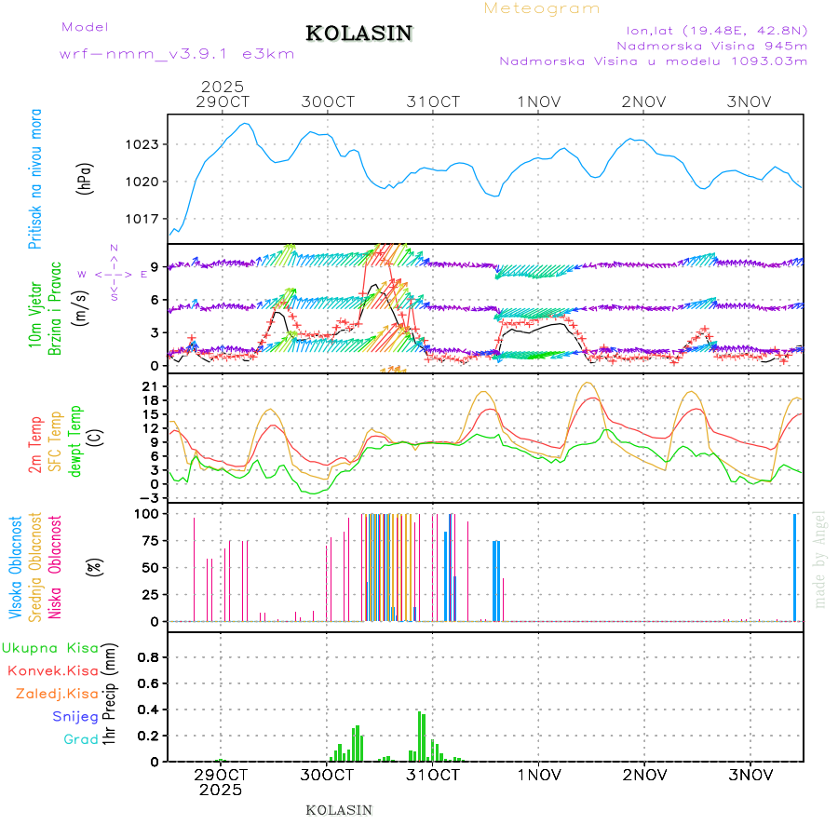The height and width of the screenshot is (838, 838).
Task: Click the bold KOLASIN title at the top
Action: click(x=358, y=34)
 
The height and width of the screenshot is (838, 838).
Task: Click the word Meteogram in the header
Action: click(x=542, y=8)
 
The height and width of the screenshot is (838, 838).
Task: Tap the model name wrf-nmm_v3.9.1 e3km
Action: click(x=177, y=53)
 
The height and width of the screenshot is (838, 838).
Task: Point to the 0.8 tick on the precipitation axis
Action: click(x=147, y=657)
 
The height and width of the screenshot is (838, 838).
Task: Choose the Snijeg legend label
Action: click(x=75, y=717)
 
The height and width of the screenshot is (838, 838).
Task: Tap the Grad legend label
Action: click(x=80, y=740)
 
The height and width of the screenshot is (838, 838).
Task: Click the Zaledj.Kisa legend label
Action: click(x=57, y=693)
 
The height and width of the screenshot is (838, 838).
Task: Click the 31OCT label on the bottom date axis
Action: click(x=434, y=775)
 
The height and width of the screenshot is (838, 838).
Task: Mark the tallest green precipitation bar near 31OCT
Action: click(x=420, y=737)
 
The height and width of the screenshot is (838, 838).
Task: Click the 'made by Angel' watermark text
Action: click(x=820, y=559)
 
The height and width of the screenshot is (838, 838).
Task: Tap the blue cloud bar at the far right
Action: click(x=794, y=567)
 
